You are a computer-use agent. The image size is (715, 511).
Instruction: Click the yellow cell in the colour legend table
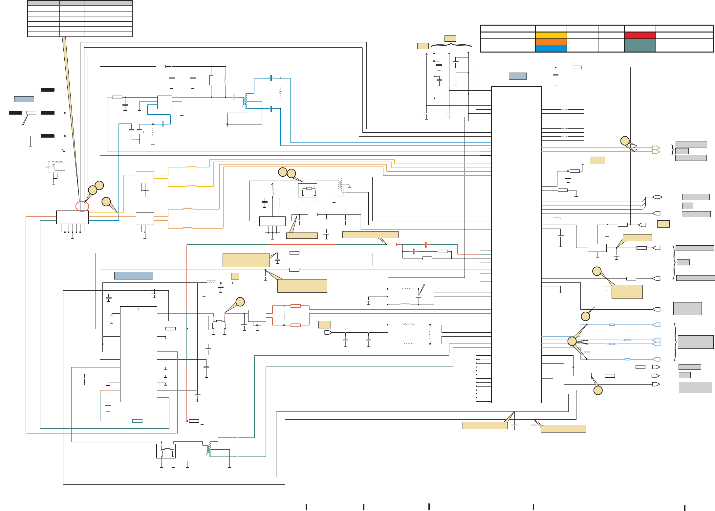(551, 35)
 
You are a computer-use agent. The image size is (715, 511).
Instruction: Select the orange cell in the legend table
(551, 42)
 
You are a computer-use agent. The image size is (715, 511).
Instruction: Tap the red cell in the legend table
(640, 35)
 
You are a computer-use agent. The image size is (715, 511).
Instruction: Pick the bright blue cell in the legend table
(551, 49)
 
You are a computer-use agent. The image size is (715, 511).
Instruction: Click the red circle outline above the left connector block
(82, 206)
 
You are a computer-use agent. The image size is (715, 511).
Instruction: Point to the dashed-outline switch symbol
(55, 167)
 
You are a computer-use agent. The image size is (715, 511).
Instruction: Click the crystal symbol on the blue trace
(135, 132)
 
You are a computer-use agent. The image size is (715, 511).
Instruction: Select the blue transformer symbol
(245, 101)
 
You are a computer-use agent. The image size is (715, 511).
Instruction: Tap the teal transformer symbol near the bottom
(209, 449)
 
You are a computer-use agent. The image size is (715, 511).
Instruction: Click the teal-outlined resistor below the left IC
(137, 421)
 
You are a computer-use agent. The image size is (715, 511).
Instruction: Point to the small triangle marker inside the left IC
(139, 309)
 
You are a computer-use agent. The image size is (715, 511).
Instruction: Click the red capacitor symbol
(426, 245)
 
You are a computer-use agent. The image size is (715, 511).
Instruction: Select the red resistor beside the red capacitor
(392, 244)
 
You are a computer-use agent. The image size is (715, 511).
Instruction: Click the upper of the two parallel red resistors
(295, 306)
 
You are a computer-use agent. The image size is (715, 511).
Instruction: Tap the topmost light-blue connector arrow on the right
(657, 325)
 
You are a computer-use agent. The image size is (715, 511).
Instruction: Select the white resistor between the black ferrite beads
(31, 113)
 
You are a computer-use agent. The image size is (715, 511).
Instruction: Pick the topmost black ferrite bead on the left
(48, 90)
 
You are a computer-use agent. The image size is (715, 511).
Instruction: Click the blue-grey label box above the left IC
(134, 276)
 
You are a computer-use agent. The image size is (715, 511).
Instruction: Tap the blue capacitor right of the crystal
(162, 124)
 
